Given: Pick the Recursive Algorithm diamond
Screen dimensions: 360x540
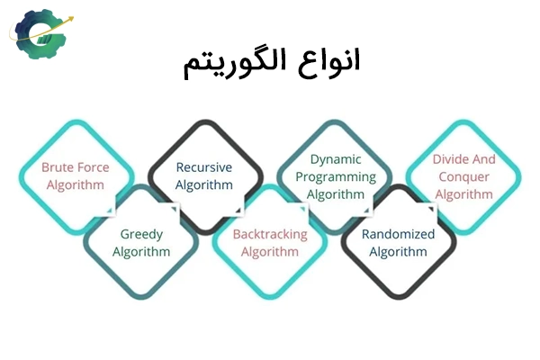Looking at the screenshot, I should [204, 176].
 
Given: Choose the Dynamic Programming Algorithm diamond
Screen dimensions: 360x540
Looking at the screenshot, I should [336, 176].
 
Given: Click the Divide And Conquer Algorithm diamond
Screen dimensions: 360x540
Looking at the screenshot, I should [463, 176].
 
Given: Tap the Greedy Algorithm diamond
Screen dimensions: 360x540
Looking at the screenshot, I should [141, 243].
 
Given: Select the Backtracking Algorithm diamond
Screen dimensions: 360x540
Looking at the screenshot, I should [270, 243].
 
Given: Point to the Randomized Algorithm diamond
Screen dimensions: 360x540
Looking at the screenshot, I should [398, 243].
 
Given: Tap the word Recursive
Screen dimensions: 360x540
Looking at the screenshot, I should [204, 167].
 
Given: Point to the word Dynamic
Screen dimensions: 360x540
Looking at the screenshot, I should [336, 159].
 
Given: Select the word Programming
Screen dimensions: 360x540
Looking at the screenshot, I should [336, 176].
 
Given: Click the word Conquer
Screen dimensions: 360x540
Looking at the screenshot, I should [463, 176].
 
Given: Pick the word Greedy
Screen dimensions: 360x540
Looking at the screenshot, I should [141, 234].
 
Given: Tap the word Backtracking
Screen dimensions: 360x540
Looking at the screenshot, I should [270, 234].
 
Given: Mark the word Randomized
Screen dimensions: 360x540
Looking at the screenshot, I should [398, 234].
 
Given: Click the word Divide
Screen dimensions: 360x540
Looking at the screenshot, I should [450, 159].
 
